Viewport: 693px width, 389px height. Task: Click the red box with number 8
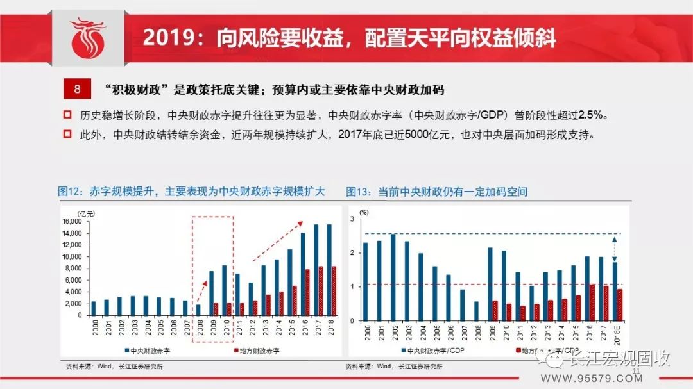[x=77, y=89]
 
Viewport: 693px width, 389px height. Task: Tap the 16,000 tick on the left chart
[x=71, y=221]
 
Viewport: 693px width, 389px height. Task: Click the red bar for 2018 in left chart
[x=334, y=291]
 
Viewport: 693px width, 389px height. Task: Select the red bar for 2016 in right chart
[x=592, y=302]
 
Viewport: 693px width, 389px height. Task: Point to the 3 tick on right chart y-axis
[x=352, y=219]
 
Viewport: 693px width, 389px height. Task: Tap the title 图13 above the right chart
[x=436, y=192]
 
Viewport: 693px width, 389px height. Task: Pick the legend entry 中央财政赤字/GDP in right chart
[x=436, y=351]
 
